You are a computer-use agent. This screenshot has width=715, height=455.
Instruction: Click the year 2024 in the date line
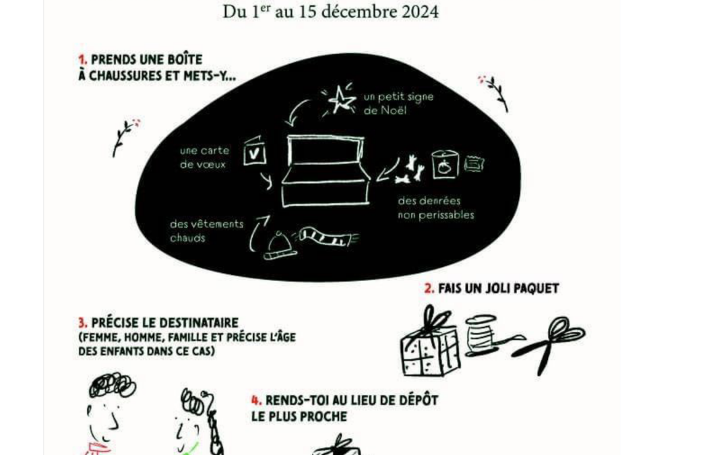point(420,12)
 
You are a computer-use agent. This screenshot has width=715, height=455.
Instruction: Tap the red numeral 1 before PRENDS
point(82,60)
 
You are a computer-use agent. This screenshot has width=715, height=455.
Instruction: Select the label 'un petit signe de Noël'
point(398,104)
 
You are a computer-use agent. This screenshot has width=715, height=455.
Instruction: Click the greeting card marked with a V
point(255,152)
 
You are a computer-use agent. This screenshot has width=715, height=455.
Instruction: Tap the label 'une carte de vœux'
point(204,158)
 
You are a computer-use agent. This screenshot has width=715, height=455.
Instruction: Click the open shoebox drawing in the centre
point(325,171)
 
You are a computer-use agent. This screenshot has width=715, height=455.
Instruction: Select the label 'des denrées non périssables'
point(435,208)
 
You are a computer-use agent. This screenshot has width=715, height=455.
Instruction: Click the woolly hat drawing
point(278,245)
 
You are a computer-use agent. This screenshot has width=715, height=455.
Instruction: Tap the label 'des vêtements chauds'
point(207,231)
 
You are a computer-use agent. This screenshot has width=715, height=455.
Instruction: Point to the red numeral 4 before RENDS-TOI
point(256,400)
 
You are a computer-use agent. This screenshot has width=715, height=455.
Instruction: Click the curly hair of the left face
point(112,386)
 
